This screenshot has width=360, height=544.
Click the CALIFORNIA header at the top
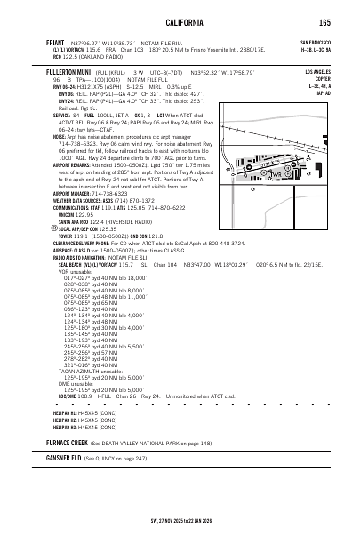tap(180, 22)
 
